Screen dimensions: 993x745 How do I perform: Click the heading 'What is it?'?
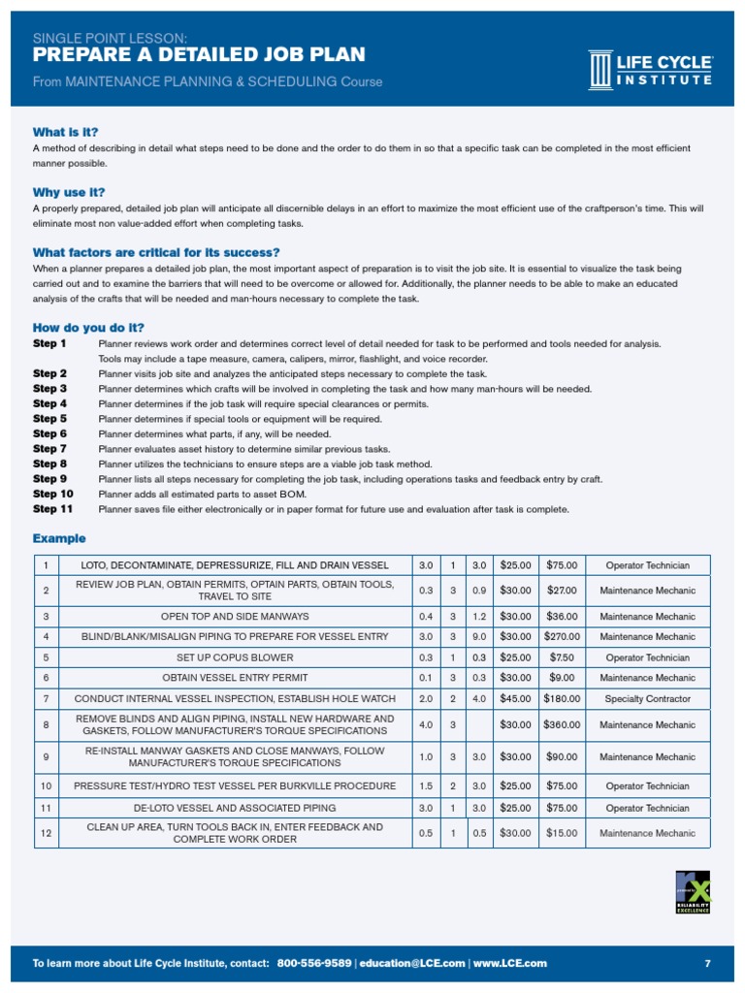[x=65, y=132]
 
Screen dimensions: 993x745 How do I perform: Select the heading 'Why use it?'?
[x=69, y=192]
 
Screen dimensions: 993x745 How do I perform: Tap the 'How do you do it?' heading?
[x=88, y=328]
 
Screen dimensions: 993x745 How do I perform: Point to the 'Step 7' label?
[x=49, y=449]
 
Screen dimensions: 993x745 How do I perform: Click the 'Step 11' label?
[x=52, y=509]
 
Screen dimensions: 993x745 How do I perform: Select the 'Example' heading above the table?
[x=59, y=538]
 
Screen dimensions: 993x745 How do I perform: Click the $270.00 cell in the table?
[x=562, y=637]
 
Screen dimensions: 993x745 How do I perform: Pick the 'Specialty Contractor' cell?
[x=647, y=698]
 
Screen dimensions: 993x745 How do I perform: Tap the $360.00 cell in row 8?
[x=562, y=725]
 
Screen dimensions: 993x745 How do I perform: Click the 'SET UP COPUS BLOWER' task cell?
[x=235, y=657]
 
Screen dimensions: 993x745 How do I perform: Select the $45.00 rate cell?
[x=515, y=698]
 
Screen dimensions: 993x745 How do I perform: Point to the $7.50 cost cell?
[x=562, y=657]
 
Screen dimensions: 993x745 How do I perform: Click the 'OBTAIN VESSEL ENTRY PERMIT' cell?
[x=235, y=678]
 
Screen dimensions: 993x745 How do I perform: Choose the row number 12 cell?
[x=46, y=833]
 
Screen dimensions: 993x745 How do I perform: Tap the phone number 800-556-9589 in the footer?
[x=314, y=963]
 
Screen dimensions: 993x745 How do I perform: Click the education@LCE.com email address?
[x=412, y=963]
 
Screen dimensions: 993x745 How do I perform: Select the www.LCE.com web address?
[x=510, y=963]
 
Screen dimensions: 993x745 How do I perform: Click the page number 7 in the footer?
[x=707, y=963]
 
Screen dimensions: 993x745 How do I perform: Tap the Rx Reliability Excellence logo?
[x=693, y=891]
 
